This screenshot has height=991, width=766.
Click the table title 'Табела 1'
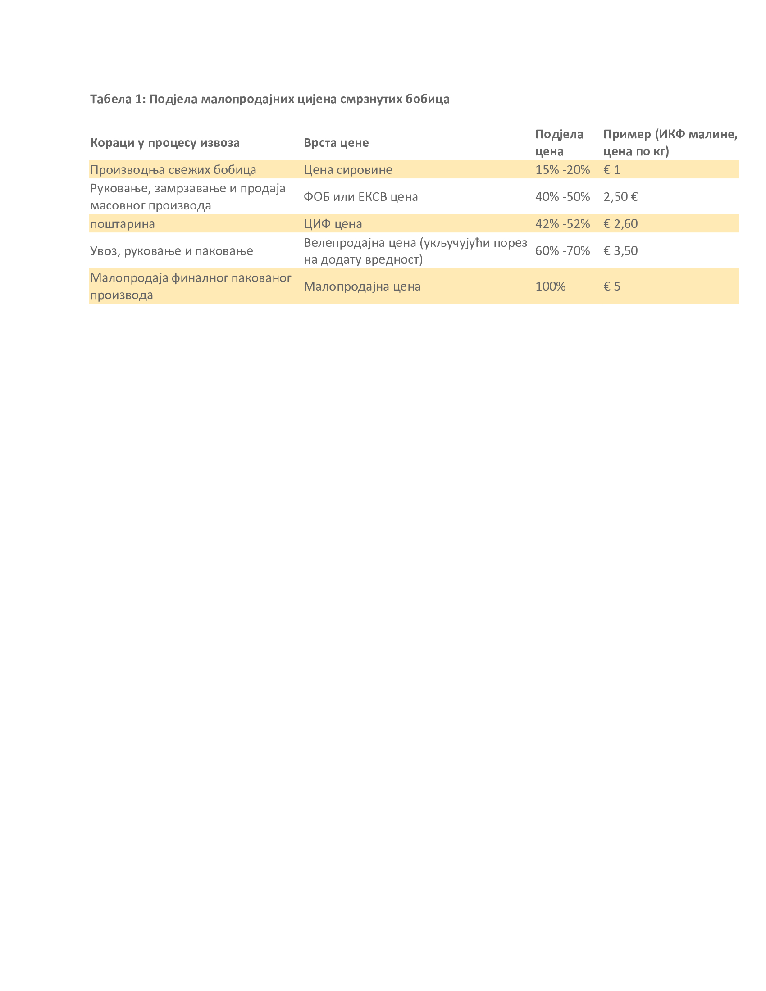pos(269,99)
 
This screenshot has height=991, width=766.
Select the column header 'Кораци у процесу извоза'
pos(165,142)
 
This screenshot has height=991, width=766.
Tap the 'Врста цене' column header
pos(336,142)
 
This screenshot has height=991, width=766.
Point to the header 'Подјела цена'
pos(559,142)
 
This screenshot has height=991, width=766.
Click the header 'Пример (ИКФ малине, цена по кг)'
pos(670,142)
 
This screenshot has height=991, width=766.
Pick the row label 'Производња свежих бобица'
pos(173,170)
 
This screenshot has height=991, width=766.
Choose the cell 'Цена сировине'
pos(347,170)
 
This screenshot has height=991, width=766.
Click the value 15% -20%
pos(562,170)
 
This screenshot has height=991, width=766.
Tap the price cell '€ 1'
pos(611,170)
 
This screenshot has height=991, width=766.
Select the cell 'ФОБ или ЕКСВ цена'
pos(360,196)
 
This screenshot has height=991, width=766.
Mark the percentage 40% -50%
pos(562,196)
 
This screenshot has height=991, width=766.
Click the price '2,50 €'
pos(620,196)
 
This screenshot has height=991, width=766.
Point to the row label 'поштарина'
pos(123,224)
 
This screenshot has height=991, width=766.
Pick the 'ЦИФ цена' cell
pos(333,224)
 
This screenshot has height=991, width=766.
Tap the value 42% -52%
pos(562,224)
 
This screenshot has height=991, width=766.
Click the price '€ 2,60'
pos(620,224)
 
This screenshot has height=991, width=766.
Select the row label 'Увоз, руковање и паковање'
pos(172,250)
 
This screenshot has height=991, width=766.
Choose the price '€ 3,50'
pos(620,250)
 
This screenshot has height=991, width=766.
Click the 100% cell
pos(550,286)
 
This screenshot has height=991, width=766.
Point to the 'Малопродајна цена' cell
pos(362,286)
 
